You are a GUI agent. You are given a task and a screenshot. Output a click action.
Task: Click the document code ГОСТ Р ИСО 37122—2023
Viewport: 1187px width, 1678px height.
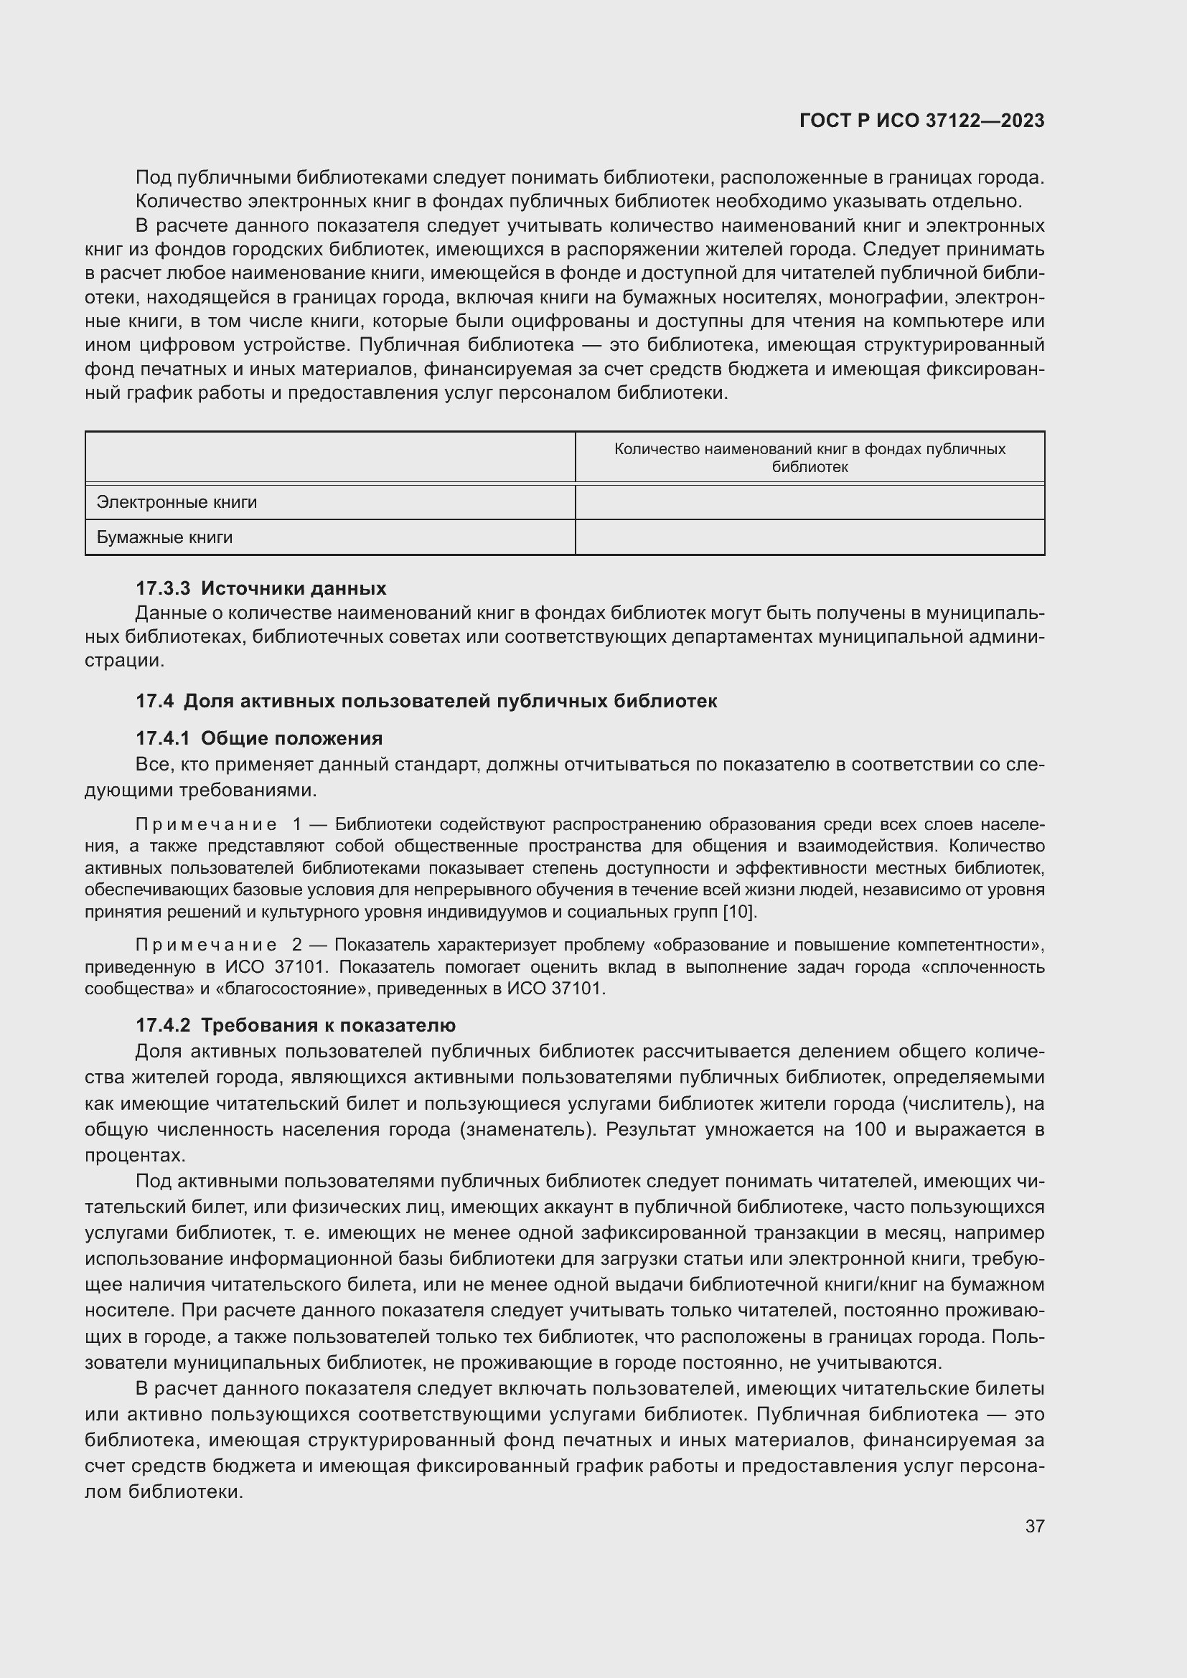[x=921, y=121]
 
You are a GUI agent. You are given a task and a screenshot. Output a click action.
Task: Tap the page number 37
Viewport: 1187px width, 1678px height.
[x=1034, y=1526]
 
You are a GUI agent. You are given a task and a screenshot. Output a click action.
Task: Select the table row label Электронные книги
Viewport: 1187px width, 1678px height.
[x=177, y=502]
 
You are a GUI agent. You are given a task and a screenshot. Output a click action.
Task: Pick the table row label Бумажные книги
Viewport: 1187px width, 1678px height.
[x=164, y=537]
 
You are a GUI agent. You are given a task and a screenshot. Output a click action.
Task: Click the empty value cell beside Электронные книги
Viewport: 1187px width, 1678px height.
[x=809, y=502]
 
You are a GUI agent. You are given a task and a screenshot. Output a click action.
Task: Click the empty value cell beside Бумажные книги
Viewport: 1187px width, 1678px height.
[x=809, y=537]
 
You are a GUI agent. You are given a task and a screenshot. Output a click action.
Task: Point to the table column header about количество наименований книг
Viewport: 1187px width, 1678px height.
[x=809, y=458]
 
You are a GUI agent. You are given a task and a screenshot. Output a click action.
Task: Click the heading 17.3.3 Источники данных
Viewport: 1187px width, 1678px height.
[x=261, y=588]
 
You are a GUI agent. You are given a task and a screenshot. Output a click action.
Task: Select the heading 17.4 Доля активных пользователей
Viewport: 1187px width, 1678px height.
[x=426, y=701]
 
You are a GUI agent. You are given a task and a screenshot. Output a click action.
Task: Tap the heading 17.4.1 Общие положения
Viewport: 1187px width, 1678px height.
[x=259, y=738]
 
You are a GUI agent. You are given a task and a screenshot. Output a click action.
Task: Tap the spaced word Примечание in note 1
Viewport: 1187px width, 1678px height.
[x=206, y=824]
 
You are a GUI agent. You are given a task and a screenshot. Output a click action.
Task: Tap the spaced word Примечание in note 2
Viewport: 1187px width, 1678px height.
[x=206, y=945]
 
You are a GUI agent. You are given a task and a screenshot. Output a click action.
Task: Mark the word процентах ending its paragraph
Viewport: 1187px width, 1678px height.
[x=132, y=1156]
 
